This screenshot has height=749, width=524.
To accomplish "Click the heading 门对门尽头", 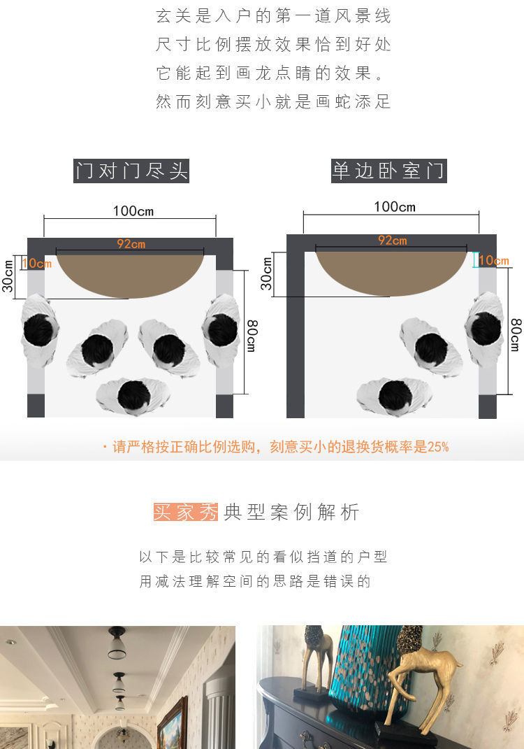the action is (x=131, y=171).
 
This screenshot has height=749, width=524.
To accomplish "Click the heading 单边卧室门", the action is (x=389, y=171).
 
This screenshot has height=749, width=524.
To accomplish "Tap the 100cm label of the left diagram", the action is (x=133, y=211).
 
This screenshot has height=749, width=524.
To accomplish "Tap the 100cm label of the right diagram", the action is (x=395, y=207).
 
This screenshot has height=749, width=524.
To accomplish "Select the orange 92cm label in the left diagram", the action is (x=131, y=244).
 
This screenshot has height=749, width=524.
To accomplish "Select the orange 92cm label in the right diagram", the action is (x=392, y=241).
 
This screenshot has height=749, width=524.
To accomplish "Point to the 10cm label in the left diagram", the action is (x=37, y=263).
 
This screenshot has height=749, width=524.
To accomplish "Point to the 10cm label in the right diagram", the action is (x=494, y=260).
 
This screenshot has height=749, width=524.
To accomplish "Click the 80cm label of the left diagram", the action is (x=252, y=336).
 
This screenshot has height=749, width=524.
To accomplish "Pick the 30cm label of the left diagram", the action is (x=8, y=276).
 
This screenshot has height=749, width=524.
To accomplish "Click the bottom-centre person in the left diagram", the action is (x=133, y=396).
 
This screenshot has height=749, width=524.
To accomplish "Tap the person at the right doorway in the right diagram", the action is (x=484, y=329).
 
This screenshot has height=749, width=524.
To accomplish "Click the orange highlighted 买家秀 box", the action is (x=186, y=512).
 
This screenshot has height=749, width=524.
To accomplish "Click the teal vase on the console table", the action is (x=367, y=669).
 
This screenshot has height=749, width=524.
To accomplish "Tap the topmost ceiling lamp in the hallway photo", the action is (x=117, y=642).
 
